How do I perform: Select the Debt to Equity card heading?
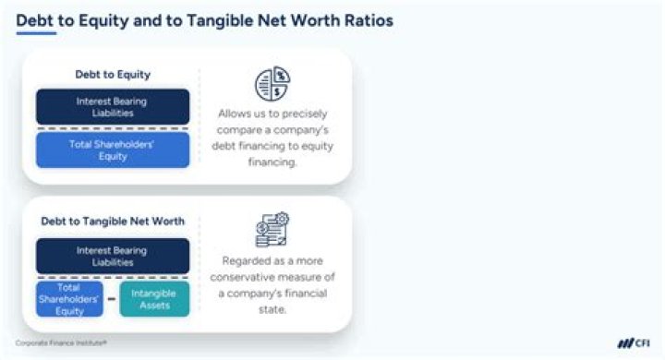[112, 75]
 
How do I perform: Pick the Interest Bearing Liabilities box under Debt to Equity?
[112, 106]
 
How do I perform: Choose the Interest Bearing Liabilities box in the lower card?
[112, 256]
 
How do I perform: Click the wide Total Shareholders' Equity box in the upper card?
[112, 150]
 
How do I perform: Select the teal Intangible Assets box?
[154, 299]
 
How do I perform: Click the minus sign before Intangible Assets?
[112, 299]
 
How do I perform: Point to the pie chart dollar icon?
[272, 84]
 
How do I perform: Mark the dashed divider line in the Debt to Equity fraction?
[112, 127]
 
